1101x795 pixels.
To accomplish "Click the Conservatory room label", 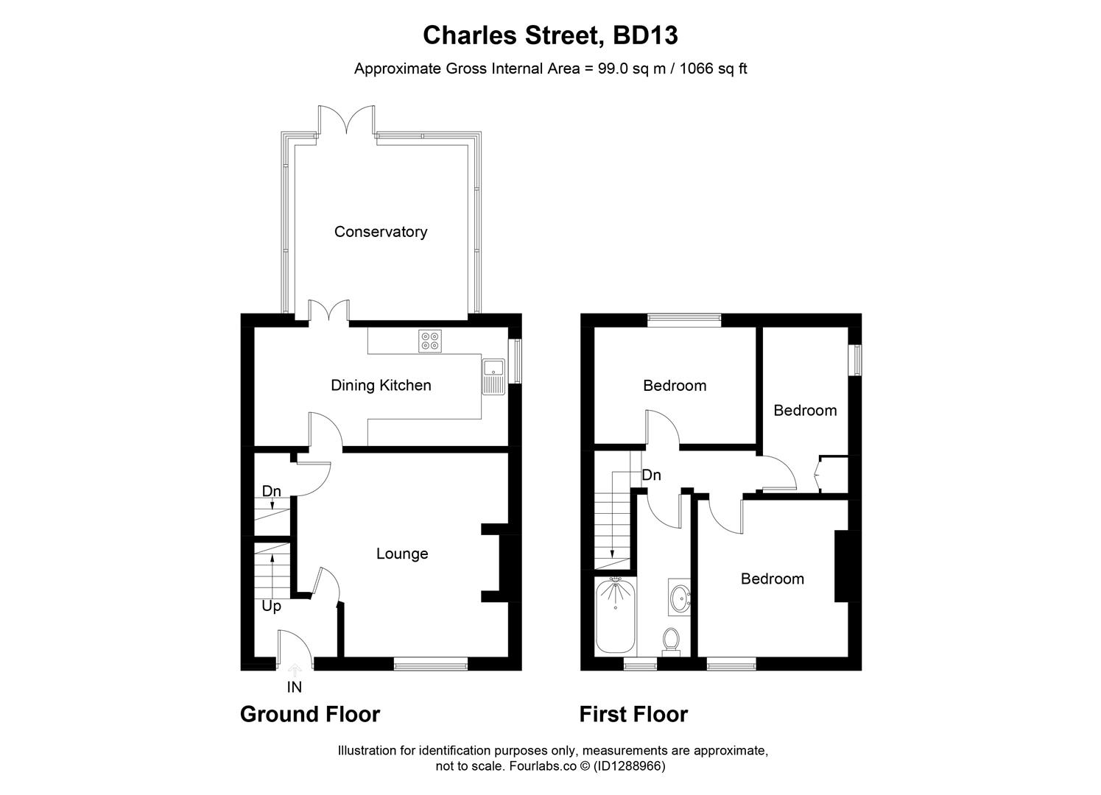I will pos(380,232).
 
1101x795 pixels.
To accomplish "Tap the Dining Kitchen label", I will pos(380,385).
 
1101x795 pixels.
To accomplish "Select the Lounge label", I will pos(401,554).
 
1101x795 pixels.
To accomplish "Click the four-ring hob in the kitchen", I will pos(429,341).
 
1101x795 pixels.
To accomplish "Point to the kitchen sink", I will pos(493,376).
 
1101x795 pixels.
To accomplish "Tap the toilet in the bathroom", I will pos(670,640).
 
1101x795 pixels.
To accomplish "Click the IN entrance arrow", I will pos(295,671).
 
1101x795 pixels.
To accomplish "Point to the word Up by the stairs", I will pos(271,607).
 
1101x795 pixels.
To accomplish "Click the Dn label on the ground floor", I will pos(271,491).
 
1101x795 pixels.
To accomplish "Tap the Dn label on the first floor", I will pos(651,475).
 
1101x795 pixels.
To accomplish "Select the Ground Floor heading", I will pos(310,714).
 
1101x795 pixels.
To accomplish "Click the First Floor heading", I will pos(633,714).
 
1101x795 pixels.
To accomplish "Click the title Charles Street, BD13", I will pos(550,35).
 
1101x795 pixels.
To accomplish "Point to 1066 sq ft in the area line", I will pos(713,68).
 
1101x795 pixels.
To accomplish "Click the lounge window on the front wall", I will pos(431,665).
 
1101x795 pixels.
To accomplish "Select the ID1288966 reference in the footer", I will pos(630,766).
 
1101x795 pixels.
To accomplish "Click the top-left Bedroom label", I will pos(674,385).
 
